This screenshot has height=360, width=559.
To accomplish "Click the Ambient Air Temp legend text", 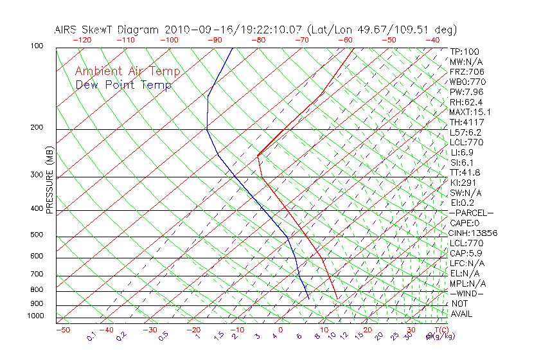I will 127,71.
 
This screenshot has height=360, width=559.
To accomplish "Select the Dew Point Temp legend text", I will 123,85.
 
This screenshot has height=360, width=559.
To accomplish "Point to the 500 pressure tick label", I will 37,235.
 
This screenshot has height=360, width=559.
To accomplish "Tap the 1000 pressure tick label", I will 35,316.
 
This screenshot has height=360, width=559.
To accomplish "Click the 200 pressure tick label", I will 37,127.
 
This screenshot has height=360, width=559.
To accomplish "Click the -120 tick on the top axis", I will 82,40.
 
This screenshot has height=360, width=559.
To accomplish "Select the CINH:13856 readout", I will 474,233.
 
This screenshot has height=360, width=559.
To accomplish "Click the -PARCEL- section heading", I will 472,213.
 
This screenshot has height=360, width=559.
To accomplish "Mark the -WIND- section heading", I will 466,293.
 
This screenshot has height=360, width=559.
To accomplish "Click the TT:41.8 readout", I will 465,172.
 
